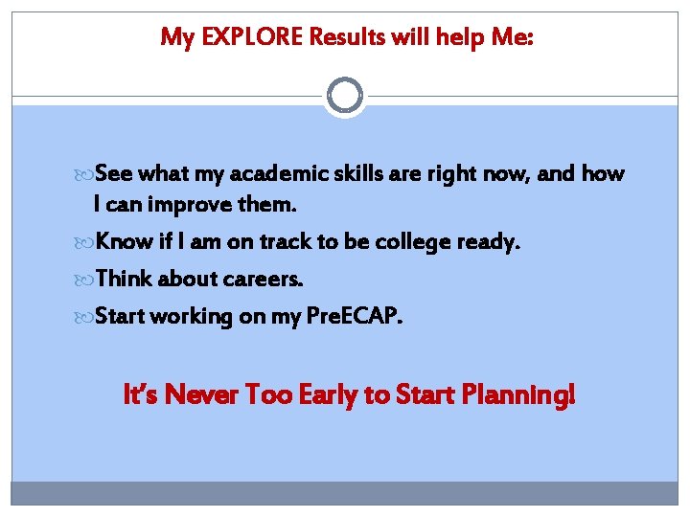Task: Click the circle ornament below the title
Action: (345, 95)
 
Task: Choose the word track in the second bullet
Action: (280, 242)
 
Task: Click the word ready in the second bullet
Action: (489, 243)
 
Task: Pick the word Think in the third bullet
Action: (125, 279)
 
